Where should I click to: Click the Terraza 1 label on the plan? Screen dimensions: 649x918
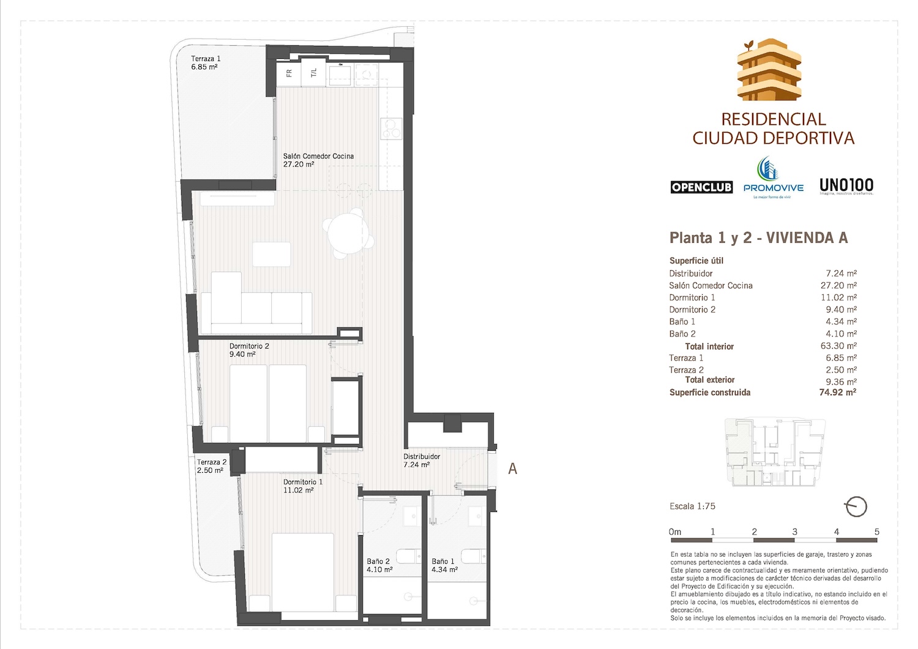pos(206,63)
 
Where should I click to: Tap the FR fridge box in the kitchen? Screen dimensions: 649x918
pos(289,73)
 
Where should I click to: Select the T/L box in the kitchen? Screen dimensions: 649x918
pos(314,73)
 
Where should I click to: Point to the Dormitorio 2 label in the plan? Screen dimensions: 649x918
pos(249,350)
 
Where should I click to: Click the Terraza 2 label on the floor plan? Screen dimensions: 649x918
pos(212,466)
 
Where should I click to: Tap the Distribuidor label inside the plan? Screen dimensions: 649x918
pos(422,460)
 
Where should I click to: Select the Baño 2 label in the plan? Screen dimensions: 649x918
pos(379,565)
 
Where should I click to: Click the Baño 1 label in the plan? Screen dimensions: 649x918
pos(444,565)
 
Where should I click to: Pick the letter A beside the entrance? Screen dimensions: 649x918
pos(513,469)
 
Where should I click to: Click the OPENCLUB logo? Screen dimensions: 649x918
pos(701,187)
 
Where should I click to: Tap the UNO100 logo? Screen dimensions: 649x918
pos(846,186)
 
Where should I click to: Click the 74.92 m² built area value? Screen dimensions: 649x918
pos(837,393)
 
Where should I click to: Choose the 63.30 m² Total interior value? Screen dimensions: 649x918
pos(838,346)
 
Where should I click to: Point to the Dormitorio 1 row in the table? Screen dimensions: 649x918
pos(692,297)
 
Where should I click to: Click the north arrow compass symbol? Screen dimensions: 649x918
pos(855,506)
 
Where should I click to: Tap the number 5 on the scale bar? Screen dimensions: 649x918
pos(876,532)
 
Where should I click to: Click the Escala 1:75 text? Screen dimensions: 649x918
pos(692,506)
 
